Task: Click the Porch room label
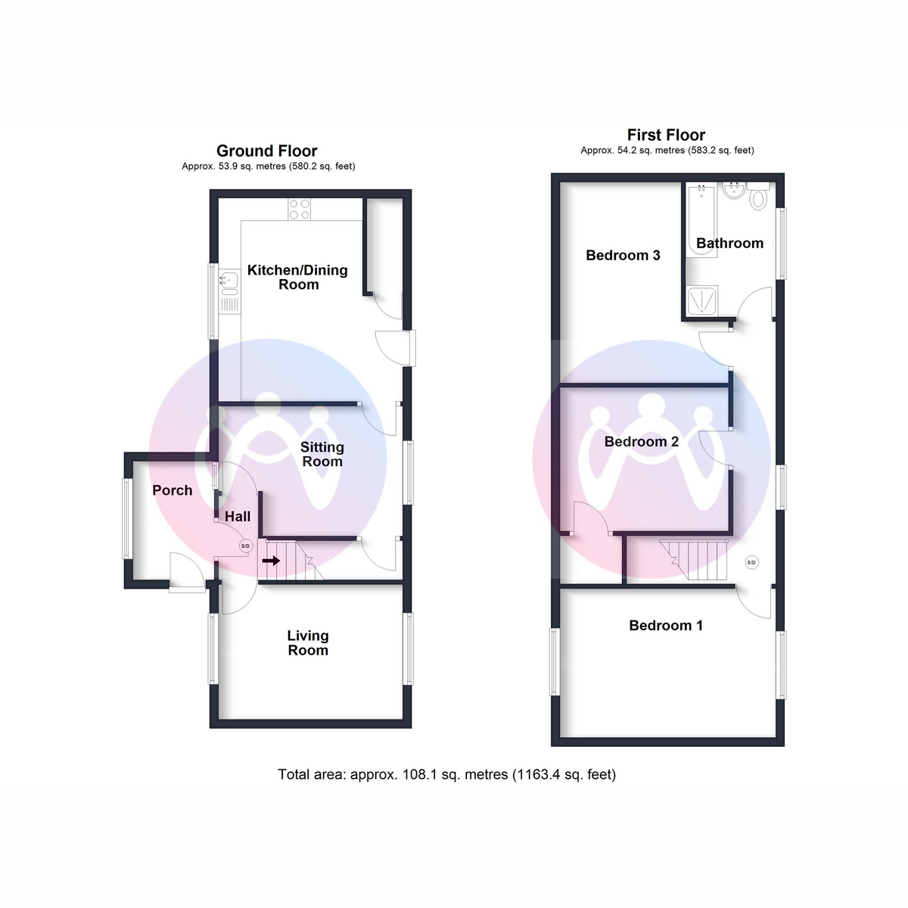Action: click(x=172, y=490)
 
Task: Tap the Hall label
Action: click(x=238, y=517)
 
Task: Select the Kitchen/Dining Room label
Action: click(x=298, y=277)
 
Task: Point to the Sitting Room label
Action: click(x=322, y=454)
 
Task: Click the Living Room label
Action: click(x=308, y=642)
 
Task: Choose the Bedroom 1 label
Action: click(x=666, y=625)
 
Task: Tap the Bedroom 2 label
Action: click(x=642, y=441)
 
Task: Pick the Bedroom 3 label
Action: click(x=623, y=256)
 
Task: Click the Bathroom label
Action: click(x=730, y=243)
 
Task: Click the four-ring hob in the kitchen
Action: click(x=300, y=209)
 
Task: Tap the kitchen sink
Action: click(x=229, y=291)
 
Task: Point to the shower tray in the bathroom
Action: click(x=702, y=300)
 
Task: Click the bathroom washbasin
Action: click(x=734, y=191)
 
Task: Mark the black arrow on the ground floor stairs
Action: click(x=271, y=561)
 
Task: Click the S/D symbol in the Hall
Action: click(x=245, y=546)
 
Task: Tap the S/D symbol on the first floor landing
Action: click(x=751, y=562)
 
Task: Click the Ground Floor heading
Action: click(x=266, y=151)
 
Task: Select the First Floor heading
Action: click(x=667, y=135)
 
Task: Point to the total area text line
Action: click(x=446, y=775)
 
